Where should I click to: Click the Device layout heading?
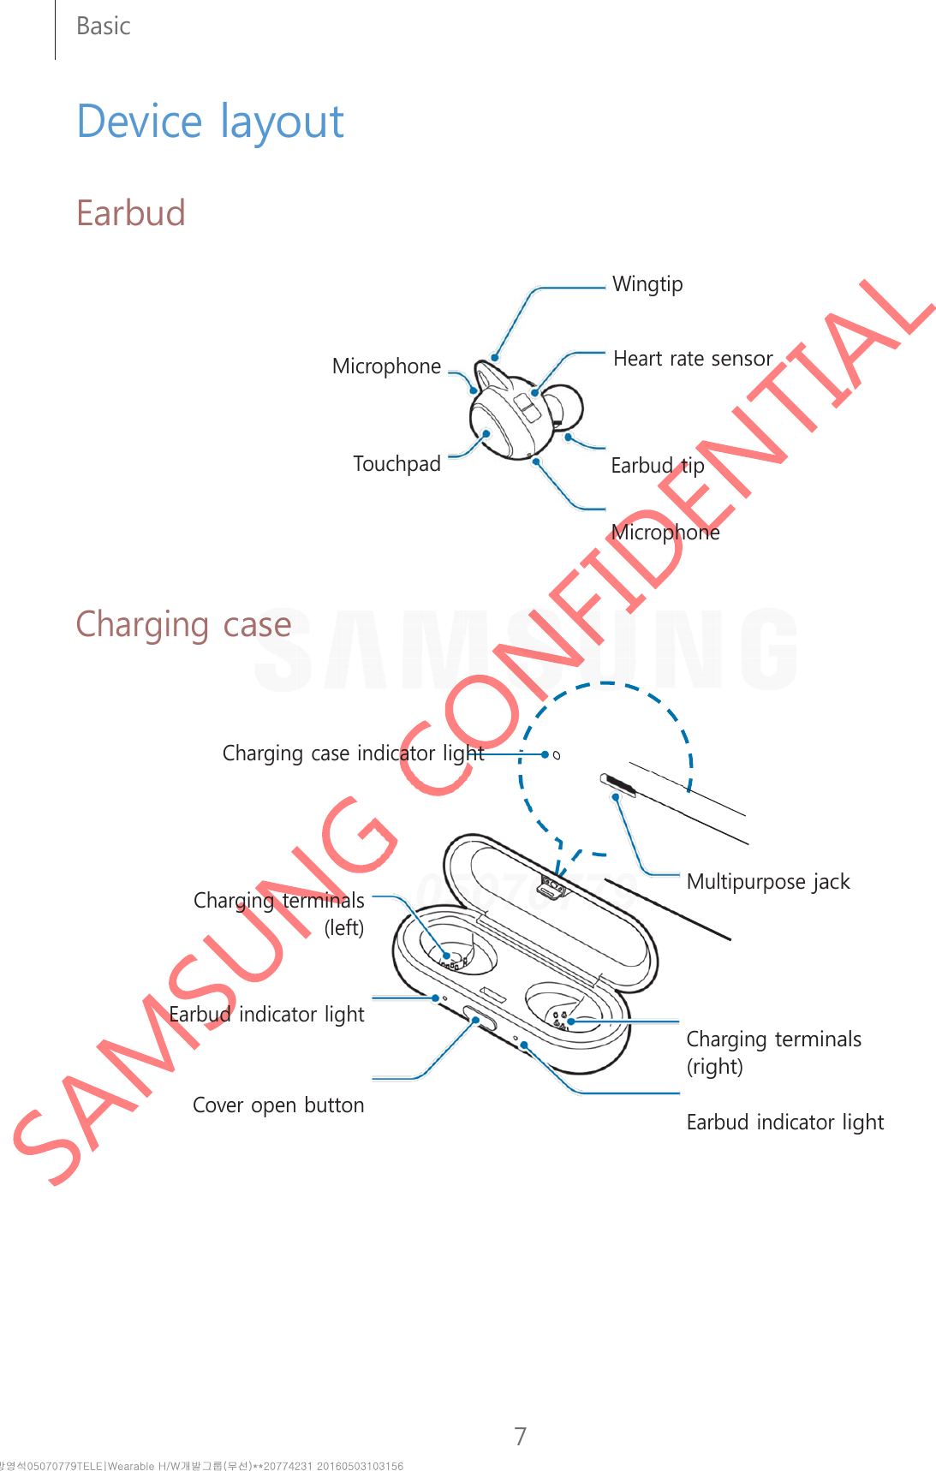[x=210, y=122]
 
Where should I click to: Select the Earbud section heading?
[x=130, y=213]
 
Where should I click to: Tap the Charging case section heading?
[x=183, y=624]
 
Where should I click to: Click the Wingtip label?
[x=647, y=284]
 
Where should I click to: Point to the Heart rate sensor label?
[x=692, y=359]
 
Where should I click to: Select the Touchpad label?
[x=396, y=464]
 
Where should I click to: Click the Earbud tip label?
[x=657, y=466]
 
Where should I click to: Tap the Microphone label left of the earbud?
[x=386, y=366]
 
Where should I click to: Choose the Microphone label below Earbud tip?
[x=665, y=533]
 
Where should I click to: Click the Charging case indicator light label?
[x=353, y=753]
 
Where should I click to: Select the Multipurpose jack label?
[x=767, y=882]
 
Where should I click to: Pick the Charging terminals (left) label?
[x=279, y=914]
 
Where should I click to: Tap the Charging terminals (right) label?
[x=773, y=1052]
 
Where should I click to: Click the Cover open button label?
[x=278, y=1105]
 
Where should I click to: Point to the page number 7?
[x=520, y=1436]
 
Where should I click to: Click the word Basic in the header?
[x=103, y=27]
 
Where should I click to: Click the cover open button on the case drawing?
[x=480, y=1020]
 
